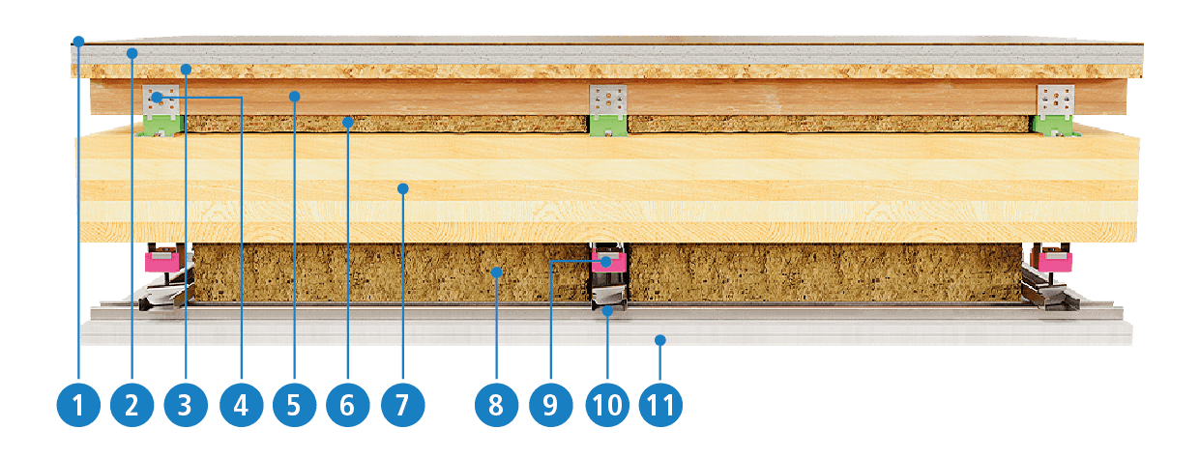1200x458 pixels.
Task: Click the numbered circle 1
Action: coord(78,405)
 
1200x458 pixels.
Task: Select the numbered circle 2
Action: coord(132,405)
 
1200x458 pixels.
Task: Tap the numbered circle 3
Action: coord(186,405)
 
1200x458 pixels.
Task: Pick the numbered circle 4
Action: coord(241,405)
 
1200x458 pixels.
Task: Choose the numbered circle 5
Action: coord(294,405)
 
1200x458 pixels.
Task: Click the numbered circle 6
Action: coord(348,405)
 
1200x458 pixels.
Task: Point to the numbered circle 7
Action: coord(403,405)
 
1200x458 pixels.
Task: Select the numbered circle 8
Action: coord(496,405)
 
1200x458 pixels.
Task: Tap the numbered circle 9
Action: coord(551,405)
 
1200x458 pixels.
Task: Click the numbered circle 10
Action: coord(607,405)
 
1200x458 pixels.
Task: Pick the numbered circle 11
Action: coord(660,405)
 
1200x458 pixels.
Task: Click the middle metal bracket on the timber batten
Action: coord(608,101)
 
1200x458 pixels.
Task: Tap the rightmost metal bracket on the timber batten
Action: coord(1055,101)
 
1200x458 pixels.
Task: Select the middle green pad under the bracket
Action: coord(608,127)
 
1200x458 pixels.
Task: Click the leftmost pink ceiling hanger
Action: coord(161,262)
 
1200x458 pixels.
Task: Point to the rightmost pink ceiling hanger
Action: coord(1055,262)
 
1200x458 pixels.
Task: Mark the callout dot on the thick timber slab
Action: coord(403,188)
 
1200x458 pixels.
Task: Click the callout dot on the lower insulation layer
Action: coord(496,272)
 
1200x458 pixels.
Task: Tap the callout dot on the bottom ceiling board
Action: coord(660,340)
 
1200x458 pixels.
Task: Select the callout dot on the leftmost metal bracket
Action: coord(157,98)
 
